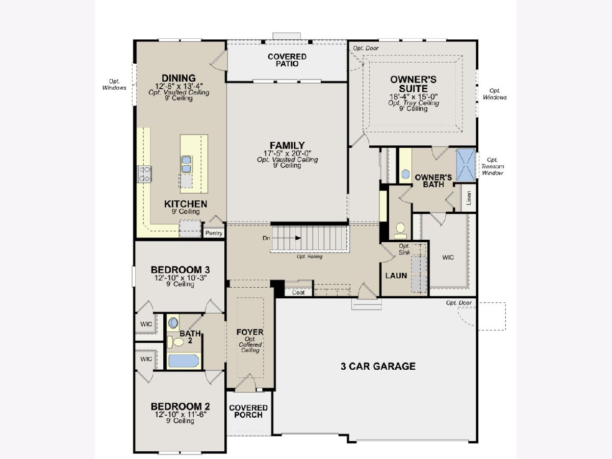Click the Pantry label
coord(214,233)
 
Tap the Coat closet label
coord(298,292)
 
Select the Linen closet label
coord(469,198)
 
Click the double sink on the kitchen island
coord(186,164)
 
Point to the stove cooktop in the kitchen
coord(144,174)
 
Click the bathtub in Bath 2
coord(183,361)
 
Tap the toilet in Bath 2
coord(175,342)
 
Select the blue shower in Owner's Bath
coord(466,165)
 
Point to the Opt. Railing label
coord(310,257)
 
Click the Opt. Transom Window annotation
coord(492,166)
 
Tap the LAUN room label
coord(396,275)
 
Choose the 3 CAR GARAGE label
coord(378,366)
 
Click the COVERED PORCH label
coord(248,412)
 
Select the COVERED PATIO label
coord(287,60)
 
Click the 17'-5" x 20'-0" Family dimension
coord(288,154)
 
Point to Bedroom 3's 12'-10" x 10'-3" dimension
coord(181,278)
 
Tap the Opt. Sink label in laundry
coord(404,249)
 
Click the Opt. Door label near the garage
coord(459,302)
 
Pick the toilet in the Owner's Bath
coord(400,231)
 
